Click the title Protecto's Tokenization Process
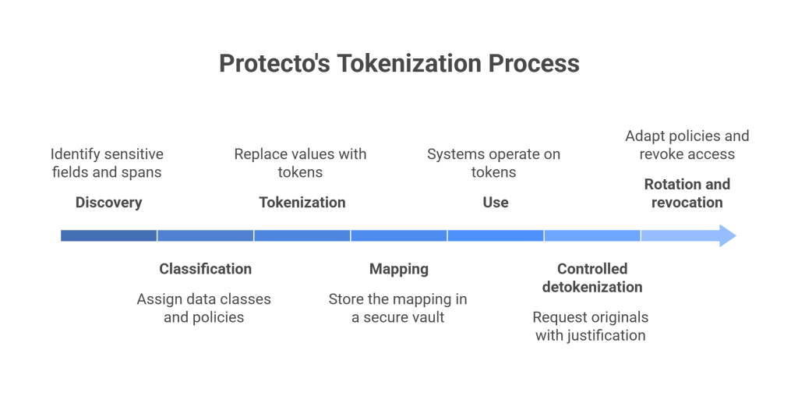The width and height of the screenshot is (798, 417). tap(399, 63)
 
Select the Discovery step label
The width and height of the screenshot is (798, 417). tap(108, 203)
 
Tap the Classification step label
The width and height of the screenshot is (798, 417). tap(205, 269)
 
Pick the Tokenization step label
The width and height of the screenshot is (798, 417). tap(302, 203)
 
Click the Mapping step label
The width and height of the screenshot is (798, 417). tap(398, 269)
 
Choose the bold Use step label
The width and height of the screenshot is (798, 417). tap(495, 203)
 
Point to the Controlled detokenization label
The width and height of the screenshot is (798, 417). tap(591, 277)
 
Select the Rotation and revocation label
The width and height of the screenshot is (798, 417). tap(687, 193)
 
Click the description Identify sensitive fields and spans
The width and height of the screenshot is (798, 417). tap(108, 163)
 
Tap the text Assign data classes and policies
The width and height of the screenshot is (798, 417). tap(204, 308)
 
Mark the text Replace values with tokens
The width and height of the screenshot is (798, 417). tap(300, 163)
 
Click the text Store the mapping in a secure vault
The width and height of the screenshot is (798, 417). tap(397, 308)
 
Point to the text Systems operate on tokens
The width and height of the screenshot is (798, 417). tap(493, 163)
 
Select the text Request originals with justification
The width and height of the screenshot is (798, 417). tap(590, 327)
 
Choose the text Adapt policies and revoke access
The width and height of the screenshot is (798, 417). tap(687, 145)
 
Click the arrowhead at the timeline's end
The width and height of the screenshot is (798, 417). tap(726, 235)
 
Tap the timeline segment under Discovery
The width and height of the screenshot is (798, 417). tap(109, 235)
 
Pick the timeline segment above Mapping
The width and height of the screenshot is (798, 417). tap(398, 235)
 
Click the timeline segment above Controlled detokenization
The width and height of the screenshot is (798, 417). tap(591, 235)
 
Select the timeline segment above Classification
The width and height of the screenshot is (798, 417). tap(205, 235)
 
